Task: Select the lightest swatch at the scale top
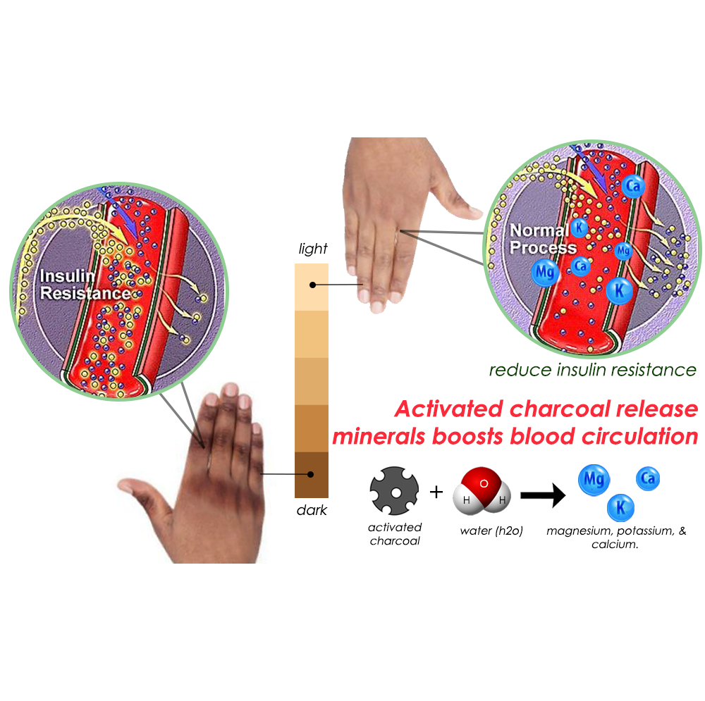coord(311,286)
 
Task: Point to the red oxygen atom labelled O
coord(484,484)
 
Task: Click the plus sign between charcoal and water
coord(436,492)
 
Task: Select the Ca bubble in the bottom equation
coord(648,480)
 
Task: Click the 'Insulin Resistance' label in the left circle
coord(85,284)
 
